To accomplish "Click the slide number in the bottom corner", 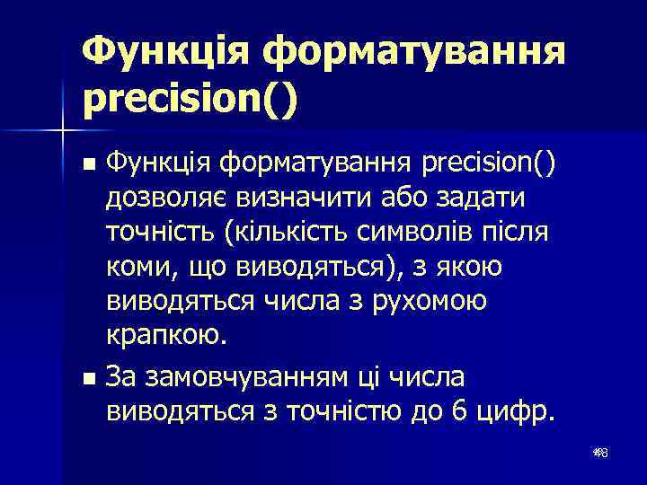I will point(600,455).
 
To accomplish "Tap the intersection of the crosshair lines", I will point(63,131).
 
